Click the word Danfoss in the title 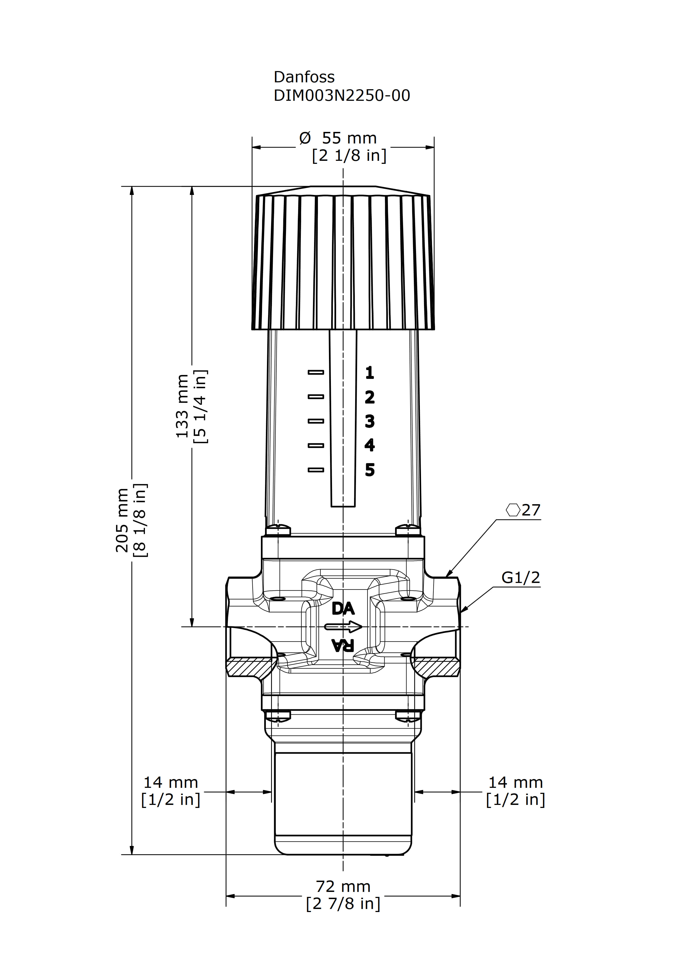(x=304, y=77)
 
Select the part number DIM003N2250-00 (x=342, y=96)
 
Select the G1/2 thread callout (x=520, y=578)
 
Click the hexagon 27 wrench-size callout (x=523, y=510)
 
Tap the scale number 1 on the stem (x=369, y=372)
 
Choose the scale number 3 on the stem (x=369, y=421)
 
